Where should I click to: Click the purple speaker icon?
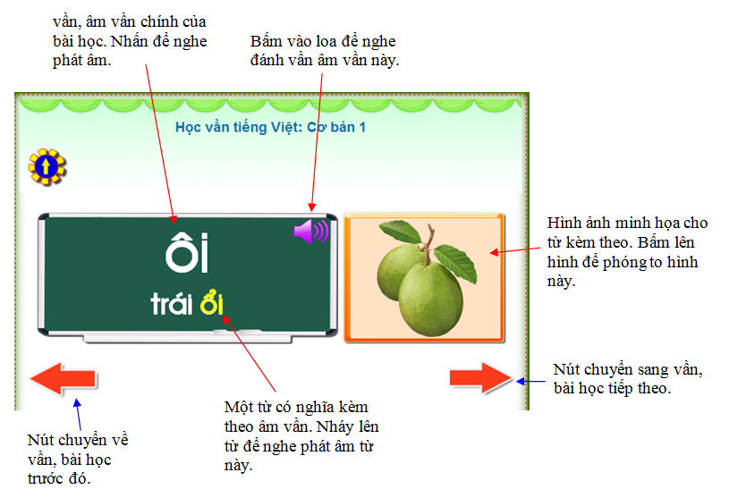[311, 231]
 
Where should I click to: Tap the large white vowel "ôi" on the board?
[187, 253]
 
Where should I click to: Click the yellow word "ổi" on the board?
[211, 302]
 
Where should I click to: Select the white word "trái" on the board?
[171, 304]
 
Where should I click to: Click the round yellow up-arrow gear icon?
[47, 167]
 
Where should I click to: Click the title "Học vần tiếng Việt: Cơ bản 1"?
[270, 127]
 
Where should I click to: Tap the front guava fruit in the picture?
[430, 299]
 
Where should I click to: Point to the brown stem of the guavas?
[428, 244]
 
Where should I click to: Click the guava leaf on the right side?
[455, 263]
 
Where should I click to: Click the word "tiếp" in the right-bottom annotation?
[618, 388]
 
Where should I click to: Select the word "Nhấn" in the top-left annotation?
[129, 41]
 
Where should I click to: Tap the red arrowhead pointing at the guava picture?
[495, 252]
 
